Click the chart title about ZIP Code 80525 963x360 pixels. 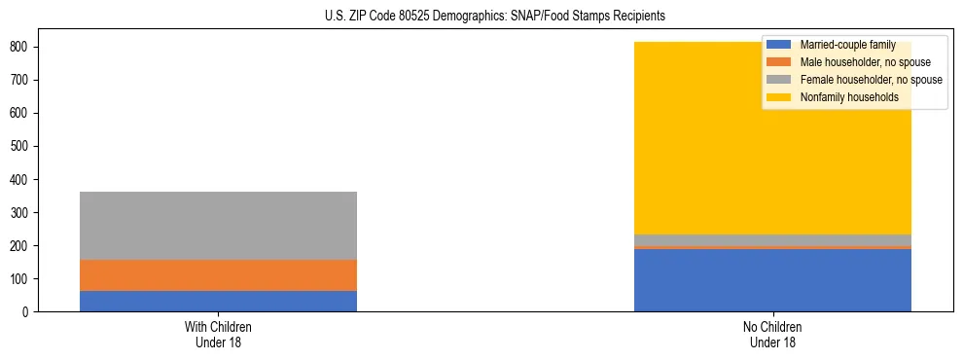point(481,17)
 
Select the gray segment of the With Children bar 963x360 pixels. point(218,226)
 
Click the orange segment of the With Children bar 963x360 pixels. point(218,275)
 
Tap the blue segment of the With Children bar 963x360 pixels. point(218,302)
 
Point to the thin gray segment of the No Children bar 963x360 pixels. point(772,239)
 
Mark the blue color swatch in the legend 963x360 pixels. point(779,45)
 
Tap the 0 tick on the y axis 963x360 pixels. point(28,312)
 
